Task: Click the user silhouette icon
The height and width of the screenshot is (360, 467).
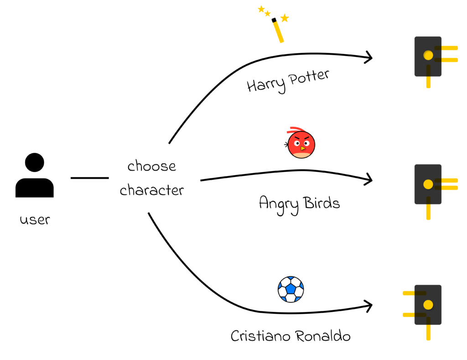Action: (x=35, y=176)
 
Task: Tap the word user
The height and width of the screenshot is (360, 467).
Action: (x=35, y=220)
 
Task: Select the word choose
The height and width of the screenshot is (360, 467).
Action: (x=151, y=166)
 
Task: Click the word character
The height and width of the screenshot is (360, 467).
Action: (x=151, y=190)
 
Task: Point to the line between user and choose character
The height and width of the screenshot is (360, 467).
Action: (x=90, y=178)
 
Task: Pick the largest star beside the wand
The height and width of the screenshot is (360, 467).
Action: (x=285, y=18)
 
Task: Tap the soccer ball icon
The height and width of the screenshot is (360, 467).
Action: (x=291, y=289)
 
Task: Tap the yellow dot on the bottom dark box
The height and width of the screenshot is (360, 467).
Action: (x=428, y=305)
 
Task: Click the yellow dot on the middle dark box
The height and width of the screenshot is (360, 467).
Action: (x=428, y=184)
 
